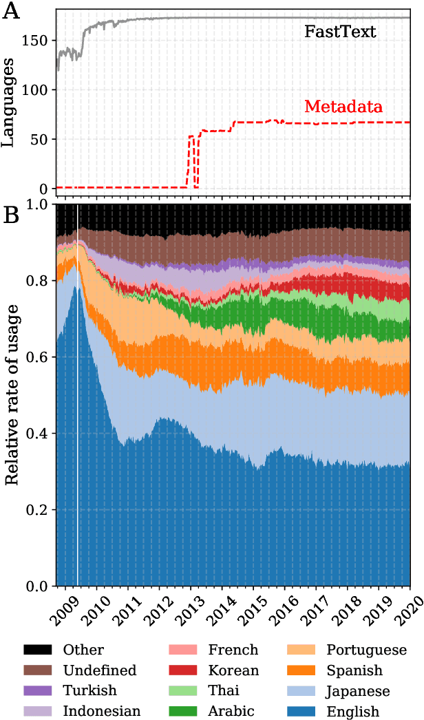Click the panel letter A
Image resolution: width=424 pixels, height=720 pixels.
click(x=12, y=12)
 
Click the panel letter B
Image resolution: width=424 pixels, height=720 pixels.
click(x=12, y=215)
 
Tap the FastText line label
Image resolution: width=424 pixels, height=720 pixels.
click(x=340, y=31)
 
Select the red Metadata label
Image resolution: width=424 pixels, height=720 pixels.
click(x=343, y=107)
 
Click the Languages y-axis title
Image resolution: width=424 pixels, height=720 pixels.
click(x=10, y=103)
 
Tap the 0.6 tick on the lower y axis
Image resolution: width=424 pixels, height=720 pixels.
click(x=36, y=357)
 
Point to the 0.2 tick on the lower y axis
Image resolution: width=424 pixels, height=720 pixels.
click(x=36, y=510)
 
